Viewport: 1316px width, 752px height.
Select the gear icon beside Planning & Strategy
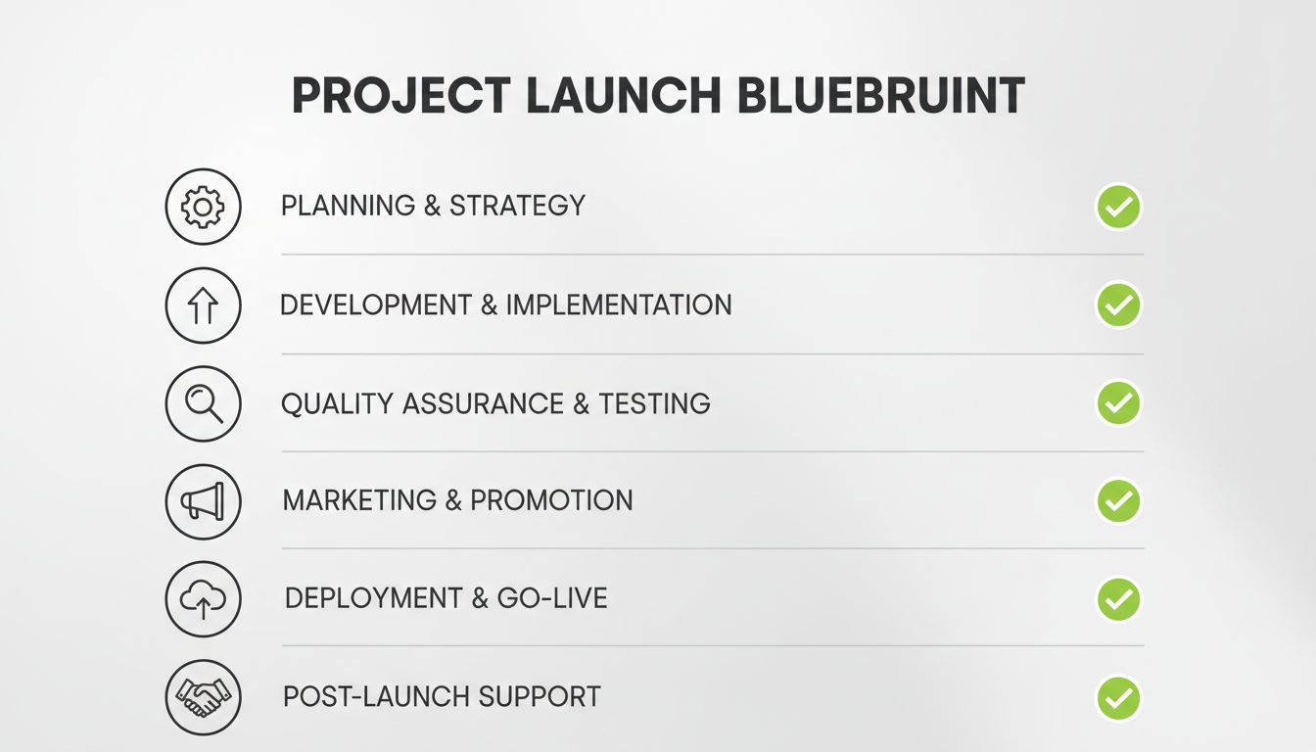click(203, 207)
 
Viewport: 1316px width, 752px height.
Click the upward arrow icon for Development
click(203, 305)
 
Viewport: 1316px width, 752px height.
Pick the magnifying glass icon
click(203, 403)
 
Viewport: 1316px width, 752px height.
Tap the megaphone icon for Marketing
click(203, 501)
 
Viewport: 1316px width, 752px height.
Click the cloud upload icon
click(203, 599)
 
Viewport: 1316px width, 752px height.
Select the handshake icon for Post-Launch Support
click(203, 697)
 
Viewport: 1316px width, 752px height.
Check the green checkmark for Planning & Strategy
click(1118, 207)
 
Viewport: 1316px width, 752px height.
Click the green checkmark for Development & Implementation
click(1118, 305)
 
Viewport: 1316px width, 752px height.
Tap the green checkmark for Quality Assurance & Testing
click(1118, 403)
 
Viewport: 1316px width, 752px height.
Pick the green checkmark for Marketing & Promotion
click(1118, 501)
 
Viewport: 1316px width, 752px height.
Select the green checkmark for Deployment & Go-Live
click(1118, 599)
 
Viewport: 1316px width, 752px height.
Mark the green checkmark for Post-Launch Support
click(1118, 698)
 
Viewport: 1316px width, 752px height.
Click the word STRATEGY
click(517, 207)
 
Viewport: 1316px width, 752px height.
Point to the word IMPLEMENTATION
click(619, 305)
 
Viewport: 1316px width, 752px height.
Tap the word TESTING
click(654, 403)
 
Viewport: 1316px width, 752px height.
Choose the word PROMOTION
click(551, 501)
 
